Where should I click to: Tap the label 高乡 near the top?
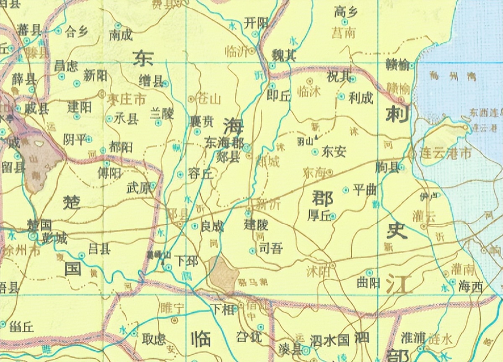point(346,12)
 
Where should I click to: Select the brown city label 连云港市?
point(445,153)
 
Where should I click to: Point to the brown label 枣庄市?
point(127,100)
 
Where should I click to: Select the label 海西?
point(470,287)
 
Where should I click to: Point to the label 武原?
point(138,189)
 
